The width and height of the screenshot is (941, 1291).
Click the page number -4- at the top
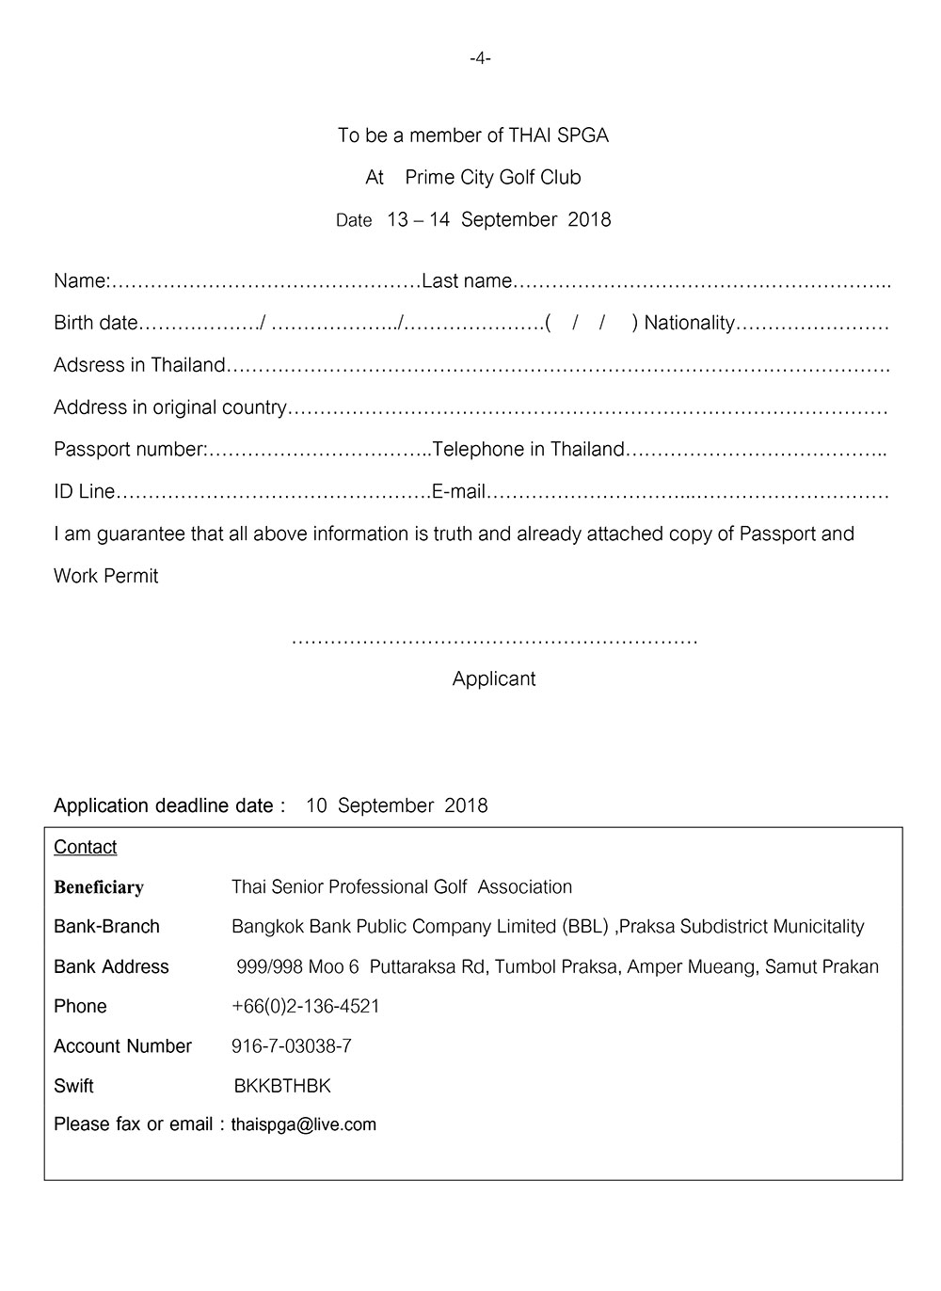point(480,58)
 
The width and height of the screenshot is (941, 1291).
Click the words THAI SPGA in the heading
point(558,135)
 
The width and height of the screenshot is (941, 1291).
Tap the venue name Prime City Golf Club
point(492,178)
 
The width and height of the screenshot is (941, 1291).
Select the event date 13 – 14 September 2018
point(499,220)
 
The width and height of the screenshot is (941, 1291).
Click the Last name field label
point(467,281)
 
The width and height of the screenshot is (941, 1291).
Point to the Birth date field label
point(95,324)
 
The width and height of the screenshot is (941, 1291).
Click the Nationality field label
point(689,324)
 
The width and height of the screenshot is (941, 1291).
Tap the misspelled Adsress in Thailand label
point(139,365)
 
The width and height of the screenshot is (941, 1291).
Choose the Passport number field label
point(129,450)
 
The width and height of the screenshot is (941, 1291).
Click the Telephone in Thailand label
point(528,450)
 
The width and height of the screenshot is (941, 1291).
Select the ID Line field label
point(84,492)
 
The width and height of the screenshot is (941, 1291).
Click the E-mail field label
point(458,492)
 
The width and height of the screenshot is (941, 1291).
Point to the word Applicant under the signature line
point(494,679)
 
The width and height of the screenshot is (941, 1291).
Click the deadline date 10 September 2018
point(396,806)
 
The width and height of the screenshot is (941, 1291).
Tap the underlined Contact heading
point(86,847)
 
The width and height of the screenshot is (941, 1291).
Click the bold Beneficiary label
point(99,887)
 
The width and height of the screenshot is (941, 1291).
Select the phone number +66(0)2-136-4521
point(306,1007)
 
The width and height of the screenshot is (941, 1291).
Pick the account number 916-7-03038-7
point(292,1046)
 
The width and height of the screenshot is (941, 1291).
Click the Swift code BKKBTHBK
point(282,1087)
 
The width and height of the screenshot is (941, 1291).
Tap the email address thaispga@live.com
point(304,1125)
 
